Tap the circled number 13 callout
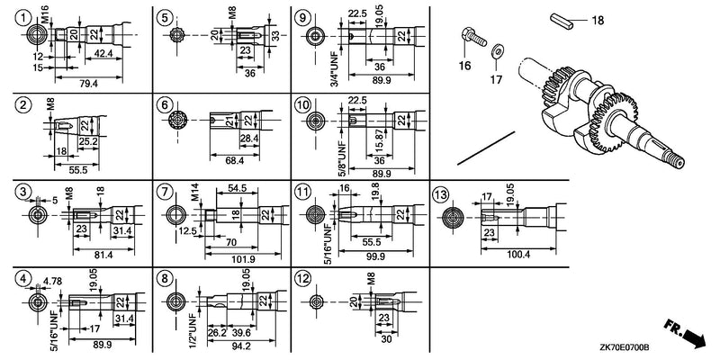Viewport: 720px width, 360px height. tap(440, 195)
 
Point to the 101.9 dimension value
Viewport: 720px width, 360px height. tap(243, 259)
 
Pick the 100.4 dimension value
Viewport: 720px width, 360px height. tap(517, 254)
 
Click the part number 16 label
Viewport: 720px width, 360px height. tap(464, 66)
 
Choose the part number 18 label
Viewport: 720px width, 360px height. tap(598, 20)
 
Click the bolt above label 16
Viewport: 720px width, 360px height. tap(473, 38)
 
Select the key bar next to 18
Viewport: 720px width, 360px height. tap(562, 22)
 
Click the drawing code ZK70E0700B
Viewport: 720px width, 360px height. tap(623, 349)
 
